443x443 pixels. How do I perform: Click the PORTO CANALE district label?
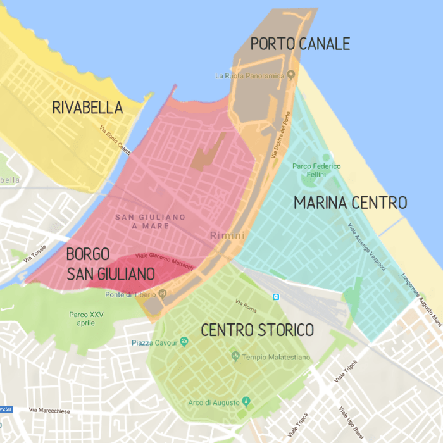[x=300, y=44]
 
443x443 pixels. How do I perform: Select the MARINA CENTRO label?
[x=350, y=203]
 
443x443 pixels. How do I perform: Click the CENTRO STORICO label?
[x=257, y=330]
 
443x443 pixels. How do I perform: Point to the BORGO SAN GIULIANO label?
[x=111, y=265]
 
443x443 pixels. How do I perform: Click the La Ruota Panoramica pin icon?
[x=291, y=75]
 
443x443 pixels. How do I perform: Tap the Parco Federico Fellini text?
[x=316, y=170]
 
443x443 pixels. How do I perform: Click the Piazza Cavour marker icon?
[x=184, y=342]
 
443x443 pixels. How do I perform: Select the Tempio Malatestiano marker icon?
[x=236, y=357]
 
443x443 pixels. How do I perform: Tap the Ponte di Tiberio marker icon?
[x=163, y=294]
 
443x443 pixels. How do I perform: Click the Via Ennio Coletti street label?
[x=115, y=140]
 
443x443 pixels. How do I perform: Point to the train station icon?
[x=276, y=297]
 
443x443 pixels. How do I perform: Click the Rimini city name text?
[x=223, y=235]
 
